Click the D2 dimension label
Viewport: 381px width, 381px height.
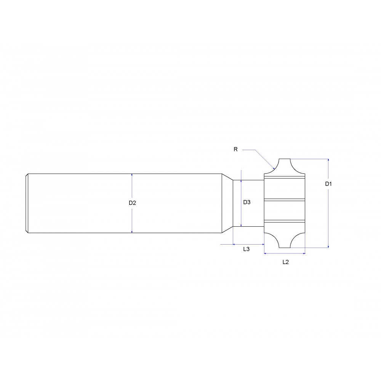(x=132, y=203)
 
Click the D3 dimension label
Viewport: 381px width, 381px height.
(x=247, y=202)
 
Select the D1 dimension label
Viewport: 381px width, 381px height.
(x=328, y=184)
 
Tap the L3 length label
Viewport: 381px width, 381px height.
(x=246, y=249)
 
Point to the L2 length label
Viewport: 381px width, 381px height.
(x=285, y=262)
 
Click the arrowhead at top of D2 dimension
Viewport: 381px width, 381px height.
(x=132, y=175)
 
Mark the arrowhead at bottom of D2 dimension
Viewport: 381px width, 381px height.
(x=132, y=231)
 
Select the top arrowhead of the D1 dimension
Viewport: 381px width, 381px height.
(x=328, y=160)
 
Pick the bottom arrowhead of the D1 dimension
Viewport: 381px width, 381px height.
(x=328, y=246)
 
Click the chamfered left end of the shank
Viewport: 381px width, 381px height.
(x=27, y=203)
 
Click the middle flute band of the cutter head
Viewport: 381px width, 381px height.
(x=285, y=199)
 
